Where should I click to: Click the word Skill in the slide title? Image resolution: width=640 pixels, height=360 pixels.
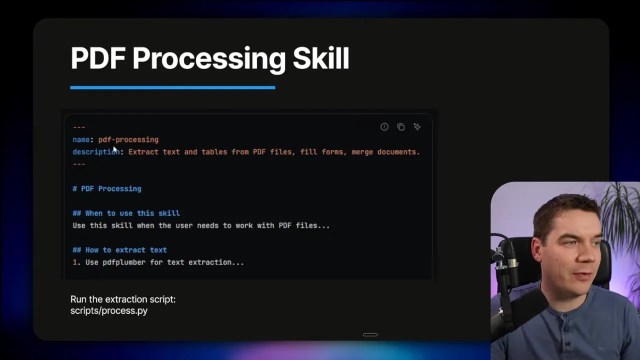click(x=320, y=58)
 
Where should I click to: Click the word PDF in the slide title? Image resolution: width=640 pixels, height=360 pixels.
click(x=97, y=58)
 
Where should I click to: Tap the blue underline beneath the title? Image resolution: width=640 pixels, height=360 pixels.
click(x=172, y=87)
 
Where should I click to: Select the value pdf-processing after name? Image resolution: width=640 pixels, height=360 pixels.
click(x=128, y=139)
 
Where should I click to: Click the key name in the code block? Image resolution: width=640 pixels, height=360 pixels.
click(x=81, y=139)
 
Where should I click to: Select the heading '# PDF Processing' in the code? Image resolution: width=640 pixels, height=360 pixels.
click(x=107, y=188)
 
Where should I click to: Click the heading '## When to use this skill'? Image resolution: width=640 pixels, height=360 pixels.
click(x=126, y=213)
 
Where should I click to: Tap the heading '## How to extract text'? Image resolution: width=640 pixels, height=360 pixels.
click(x=119, y=250)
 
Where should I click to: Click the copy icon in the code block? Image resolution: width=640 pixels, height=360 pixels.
click(x=400, y=127)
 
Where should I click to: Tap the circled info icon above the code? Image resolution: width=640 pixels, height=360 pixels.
click(x=384, y=127)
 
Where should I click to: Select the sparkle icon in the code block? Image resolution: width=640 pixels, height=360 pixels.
click(x=417, y=127)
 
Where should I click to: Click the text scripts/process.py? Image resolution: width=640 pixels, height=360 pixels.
click(x=109, y=310)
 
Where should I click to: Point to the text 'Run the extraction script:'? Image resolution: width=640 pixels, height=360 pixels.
click(x=123, y=299)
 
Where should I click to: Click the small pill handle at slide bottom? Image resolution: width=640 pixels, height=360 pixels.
click(x=370, y=334)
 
